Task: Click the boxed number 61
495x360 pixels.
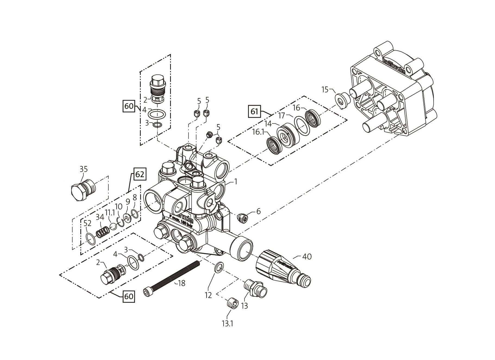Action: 254,112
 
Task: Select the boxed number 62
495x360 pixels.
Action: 140,175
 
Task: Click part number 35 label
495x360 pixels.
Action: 83,169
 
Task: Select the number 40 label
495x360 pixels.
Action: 307,257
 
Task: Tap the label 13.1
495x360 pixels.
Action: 227,324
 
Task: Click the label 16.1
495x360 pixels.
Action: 258,132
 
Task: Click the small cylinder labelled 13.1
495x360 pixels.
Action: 233,303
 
